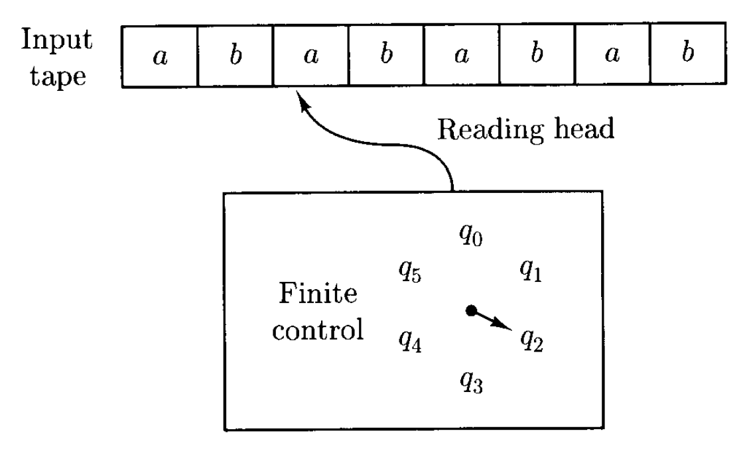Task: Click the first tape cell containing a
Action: tap(159, 55)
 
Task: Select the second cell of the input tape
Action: tap(235, 55)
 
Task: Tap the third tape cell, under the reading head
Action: tap(310, 55)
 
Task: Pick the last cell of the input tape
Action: tap(687, 55)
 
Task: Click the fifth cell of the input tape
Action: tap(461, 55)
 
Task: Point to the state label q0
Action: tap(470, 235)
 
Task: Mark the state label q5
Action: tap(409, 271)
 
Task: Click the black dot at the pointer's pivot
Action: tap(471, 310)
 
